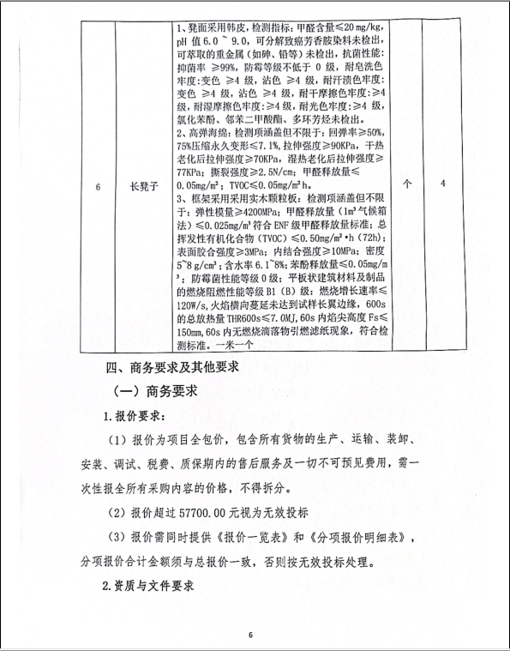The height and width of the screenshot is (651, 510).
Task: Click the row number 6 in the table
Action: tap(99, 184)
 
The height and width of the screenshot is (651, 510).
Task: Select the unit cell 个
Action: tap(407, 184)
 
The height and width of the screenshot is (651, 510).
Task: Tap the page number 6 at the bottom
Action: tap(251, 636)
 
